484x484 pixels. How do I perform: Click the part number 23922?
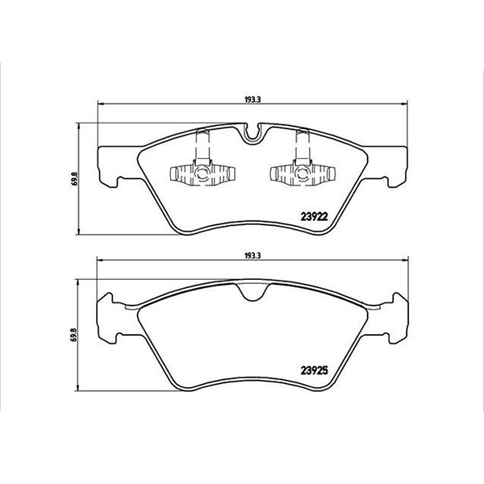pos(314,217)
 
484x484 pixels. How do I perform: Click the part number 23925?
pos(314,370)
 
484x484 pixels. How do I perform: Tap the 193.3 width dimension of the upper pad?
pos(252,100)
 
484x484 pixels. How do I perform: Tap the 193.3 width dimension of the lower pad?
pos(252,256)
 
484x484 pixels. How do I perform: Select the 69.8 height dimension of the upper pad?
pos(74,178)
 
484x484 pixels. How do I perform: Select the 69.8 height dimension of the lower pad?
pos(74,334)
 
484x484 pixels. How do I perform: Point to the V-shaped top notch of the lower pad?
pos(252,294)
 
